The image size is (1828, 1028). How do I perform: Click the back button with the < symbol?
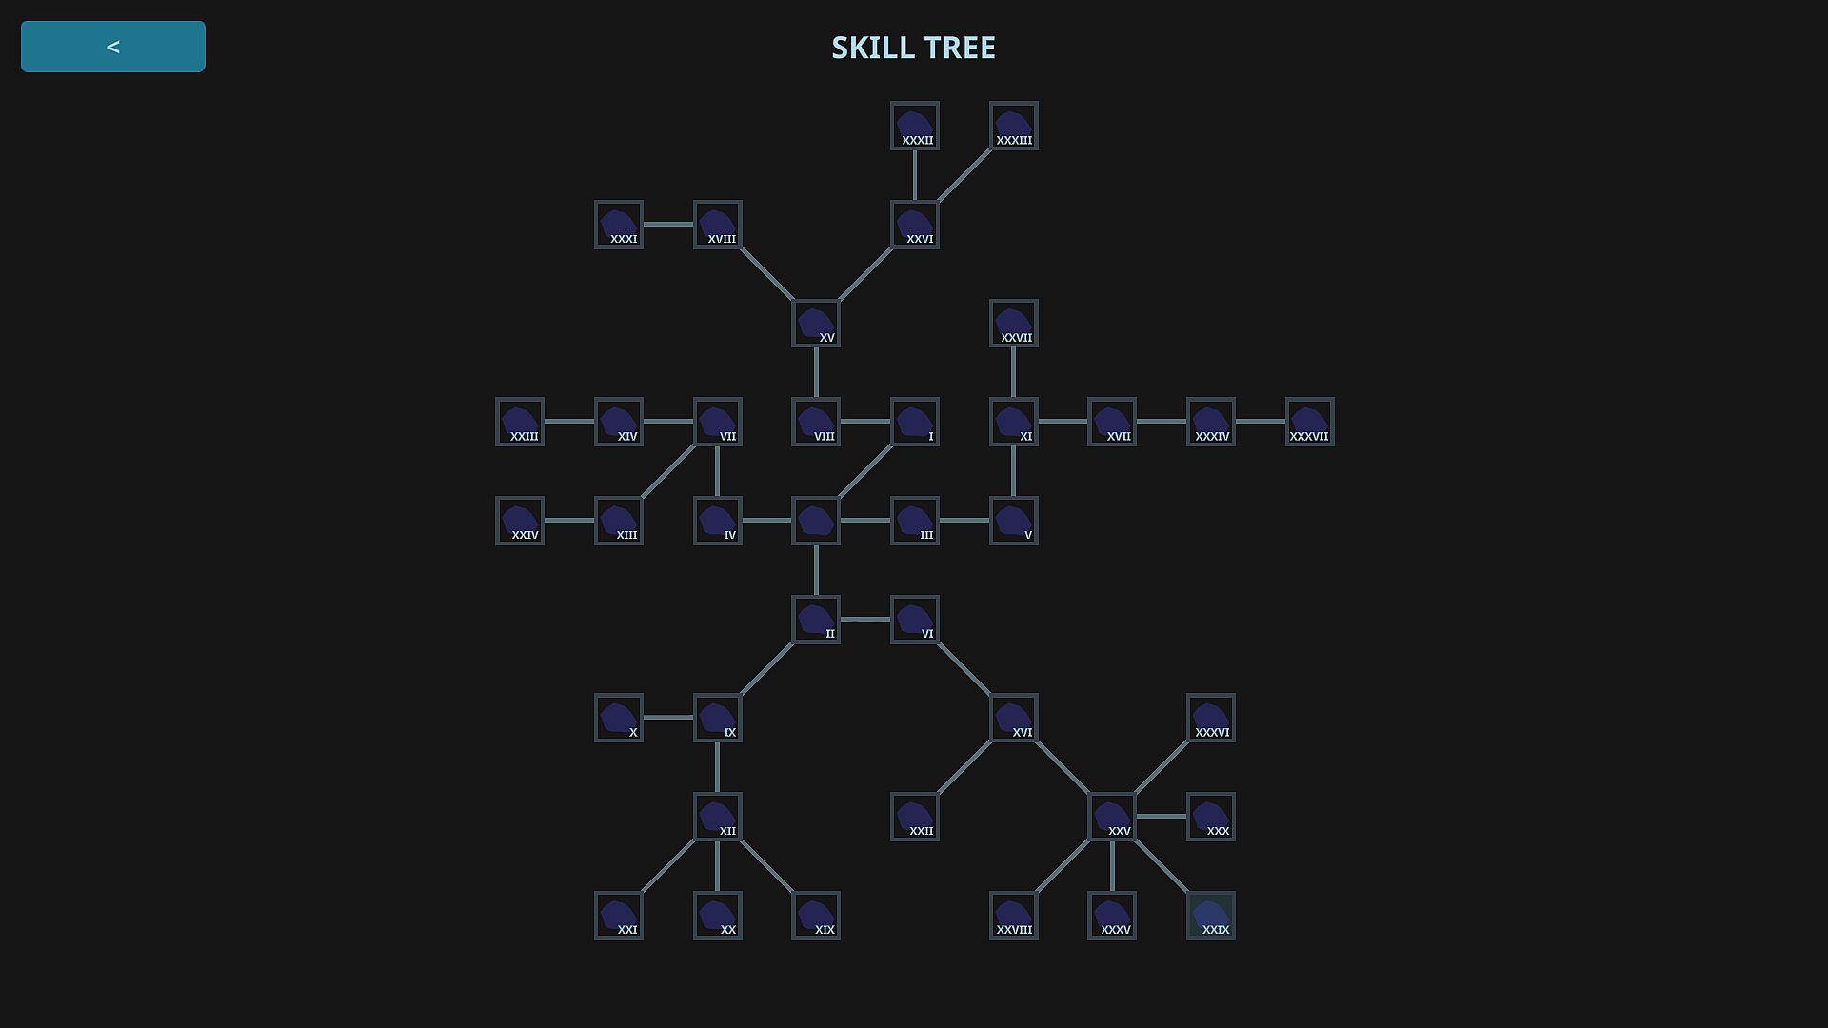click(x=113, y=47)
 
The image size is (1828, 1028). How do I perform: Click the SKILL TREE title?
click(x=913, y=48)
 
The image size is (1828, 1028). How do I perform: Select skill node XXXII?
click(x=915, y=126)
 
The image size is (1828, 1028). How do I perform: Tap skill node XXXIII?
click(x=1014, y=126)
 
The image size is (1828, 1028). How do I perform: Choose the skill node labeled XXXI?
click(x=619, y=225)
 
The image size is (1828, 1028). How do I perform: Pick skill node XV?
click(x=816, y=324)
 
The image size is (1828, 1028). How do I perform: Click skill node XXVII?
click(x=1014, y=324)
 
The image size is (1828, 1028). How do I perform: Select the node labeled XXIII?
click(x=520, y=422)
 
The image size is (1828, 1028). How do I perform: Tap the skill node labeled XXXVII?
click(x=1310, y=422)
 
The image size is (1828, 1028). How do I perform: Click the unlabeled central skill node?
click(x=816, y=521)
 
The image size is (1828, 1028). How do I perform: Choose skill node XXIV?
click(x=520, y=521)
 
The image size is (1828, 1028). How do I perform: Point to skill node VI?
click(x=915, y=620)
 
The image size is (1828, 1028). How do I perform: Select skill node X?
click(x=619, y=718)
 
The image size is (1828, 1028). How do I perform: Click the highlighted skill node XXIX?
click(x=1211, y=916)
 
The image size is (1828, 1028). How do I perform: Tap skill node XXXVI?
click(x=1211, y=718)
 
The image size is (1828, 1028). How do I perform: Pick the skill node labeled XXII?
click(x=915, y=817)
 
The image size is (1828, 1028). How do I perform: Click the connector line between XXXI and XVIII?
click(x=668, y=225)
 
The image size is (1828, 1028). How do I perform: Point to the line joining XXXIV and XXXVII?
click(x=1261, y=422)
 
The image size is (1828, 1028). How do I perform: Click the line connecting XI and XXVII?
click(x=1014, y=373)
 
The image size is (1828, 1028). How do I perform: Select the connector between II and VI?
click(x=865, y=620)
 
